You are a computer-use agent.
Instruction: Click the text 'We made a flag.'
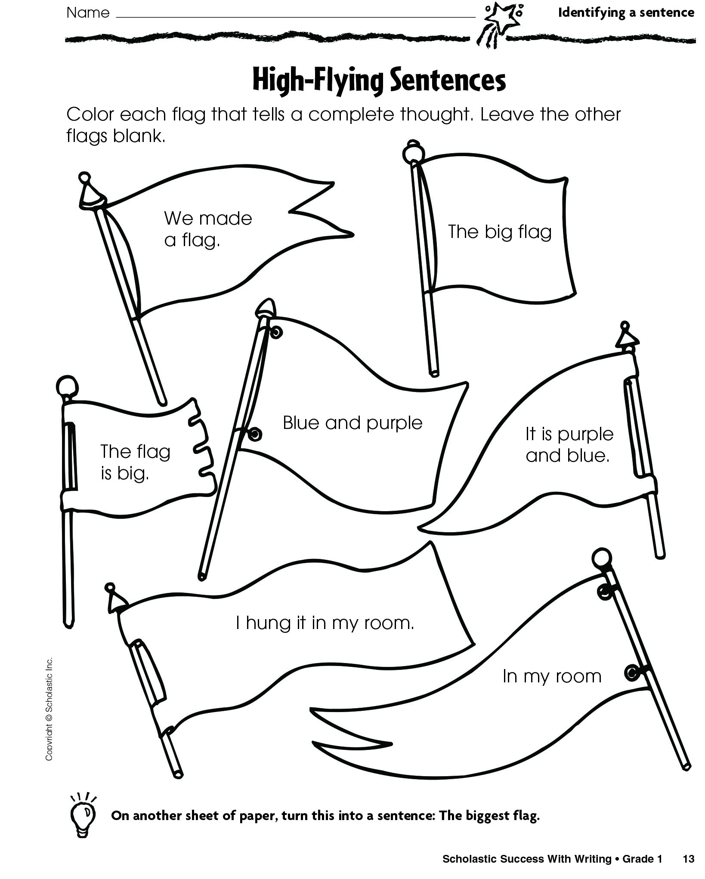207,229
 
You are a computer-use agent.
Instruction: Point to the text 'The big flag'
499,232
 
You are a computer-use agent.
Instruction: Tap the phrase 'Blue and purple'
352,423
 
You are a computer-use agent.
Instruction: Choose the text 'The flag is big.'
135,462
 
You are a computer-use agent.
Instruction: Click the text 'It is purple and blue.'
569,444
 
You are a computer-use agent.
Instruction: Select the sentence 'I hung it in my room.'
325,623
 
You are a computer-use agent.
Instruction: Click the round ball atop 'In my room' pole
601,558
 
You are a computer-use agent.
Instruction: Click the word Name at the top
88,13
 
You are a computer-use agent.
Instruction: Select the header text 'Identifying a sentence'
626,13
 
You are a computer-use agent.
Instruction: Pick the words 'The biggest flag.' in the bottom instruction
489,816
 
